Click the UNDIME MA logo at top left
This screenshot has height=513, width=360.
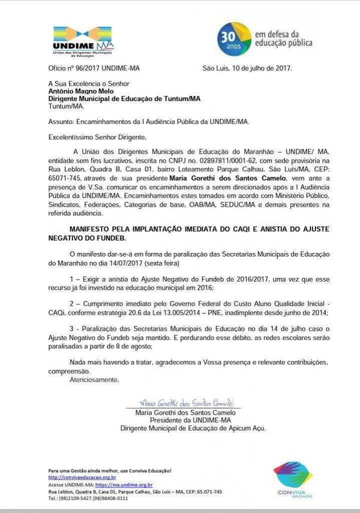click(x=83, y=43)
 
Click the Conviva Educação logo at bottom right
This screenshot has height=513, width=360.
click(x=293, y=479)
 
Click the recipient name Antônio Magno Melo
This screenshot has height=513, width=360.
click(x=81, y=91)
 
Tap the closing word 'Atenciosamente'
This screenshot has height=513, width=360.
click(x=94, y=379)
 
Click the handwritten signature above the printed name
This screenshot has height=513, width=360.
click(x=185, y=402)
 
